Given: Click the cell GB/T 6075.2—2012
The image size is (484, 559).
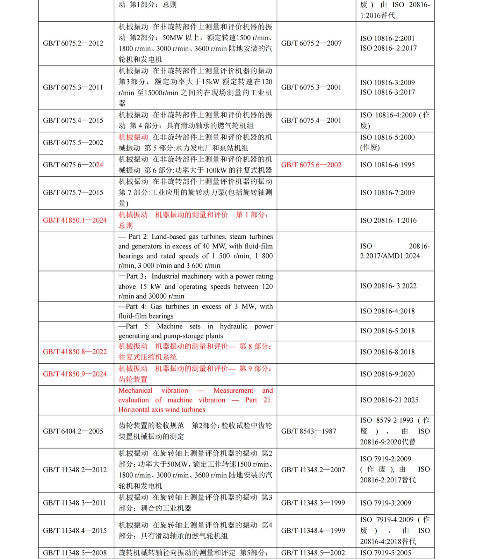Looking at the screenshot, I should point(73,43).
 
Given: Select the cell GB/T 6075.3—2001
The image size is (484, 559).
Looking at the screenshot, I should point(311,87).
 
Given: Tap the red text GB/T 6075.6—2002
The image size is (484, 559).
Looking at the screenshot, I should point(311,165).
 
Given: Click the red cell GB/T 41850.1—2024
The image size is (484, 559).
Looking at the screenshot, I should point(75,220).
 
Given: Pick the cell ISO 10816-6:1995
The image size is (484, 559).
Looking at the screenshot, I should point(387,165).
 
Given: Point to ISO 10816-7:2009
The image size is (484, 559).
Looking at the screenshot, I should point(387,193).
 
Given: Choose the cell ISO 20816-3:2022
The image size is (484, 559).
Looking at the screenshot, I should point(388,286).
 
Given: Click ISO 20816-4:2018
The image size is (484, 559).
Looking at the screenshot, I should point(387,311).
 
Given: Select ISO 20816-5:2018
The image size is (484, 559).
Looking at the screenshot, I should point(387,331).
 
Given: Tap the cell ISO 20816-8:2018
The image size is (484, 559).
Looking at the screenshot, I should point(387,352).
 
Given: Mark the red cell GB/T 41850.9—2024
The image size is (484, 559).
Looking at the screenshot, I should point(75,374).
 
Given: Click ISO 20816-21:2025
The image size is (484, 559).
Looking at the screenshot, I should point(389,400).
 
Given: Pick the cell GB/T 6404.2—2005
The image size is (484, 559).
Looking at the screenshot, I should point(73,431).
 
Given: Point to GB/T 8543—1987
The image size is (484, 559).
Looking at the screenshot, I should point(309,431).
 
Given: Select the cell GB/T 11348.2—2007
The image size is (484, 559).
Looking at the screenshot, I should point(313,470).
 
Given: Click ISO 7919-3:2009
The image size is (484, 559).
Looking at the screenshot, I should point(385,503).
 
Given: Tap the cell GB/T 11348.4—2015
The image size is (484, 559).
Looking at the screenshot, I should point(75,531).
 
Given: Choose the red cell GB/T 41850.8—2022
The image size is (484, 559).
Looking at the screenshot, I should point(75,352).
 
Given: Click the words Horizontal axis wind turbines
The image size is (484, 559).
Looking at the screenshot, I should point(162,409).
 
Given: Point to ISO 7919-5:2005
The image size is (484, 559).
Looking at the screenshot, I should point(385,553).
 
